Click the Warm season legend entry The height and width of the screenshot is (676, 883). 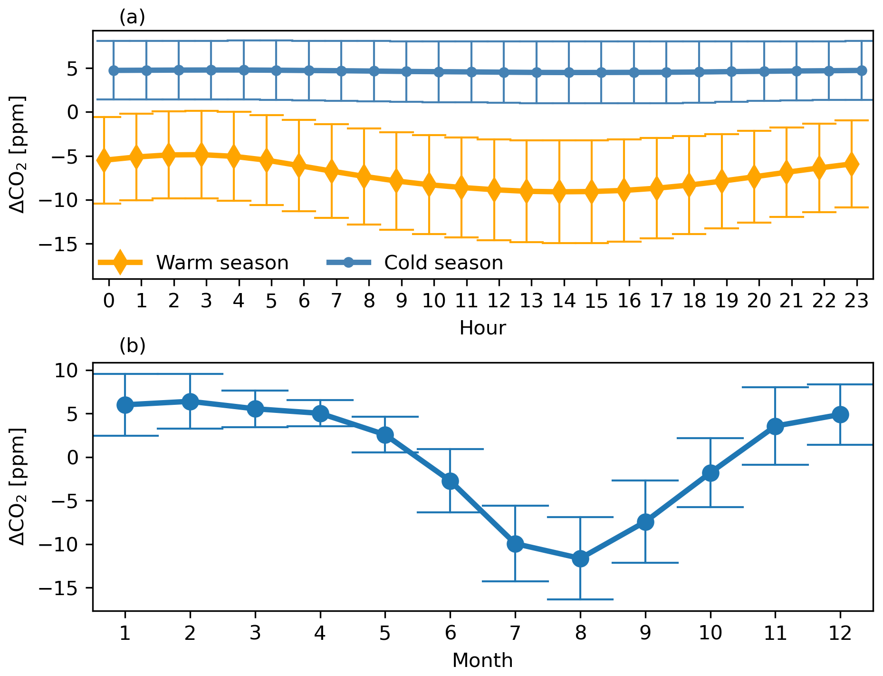pyautogui.click(x=222, y=263)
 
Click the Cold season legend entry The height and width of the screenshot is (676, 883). pyautogui.click(x=443, y=263)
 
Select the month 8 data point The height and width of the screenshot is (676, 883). pyautogui.click(x=580, y=558)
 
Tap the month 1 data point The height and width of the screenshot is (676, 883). pyautogui.click(x=125, y=405)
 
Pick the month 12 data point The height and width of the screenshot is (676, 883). pyautogui.click(x=840, y=414)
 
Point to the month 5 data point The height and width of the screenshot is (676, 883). pyautogui.click(x=385, y=435)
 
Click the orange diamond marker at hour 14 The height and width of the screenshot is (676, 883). pyautogui.click(x=559, y=192)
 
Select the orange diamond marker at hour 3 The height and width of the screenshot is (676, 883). pyautogui.click(x=201, y=154)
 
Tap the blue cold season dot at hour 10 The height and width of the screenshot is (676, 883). pyautogui.click(x=439, y=72)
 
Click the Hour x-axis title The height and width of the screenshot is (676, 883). pyautogui.click(x=482, y=328)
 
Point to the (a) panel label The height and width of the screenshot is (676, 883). pyautogui.click(x=132, y=17)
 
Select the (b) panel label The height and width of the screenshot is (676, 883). pyautogui.click(x=132, y=346)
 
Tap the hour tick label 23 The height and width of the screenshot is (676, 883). pyautogui.click(x=856, y=301)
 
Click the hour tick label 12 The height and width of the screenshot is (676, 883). pyautogui.click(x=499, y=301)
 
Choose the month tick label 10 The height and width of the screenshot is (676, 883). pyautogui.click(x=710, y=633)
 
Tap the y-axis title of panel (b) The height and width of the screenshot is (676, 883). pyautogui.click(x=18, y=486)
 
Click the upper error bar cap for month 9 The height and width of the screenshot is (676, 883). pyautogui.click(x=645, y=480)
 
